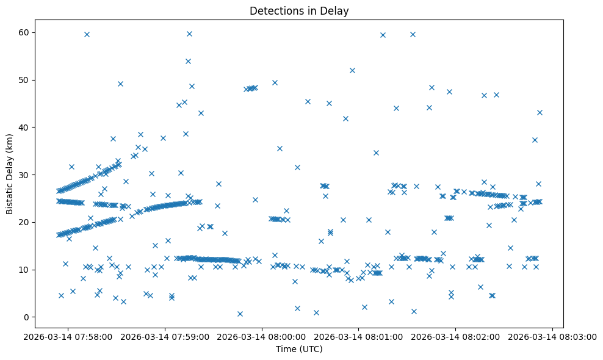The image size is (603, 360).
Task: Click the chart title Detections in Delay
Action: click(x=299, y=10)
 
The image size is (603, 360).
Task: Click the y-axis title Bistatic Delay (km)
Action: click(x=10, y=174)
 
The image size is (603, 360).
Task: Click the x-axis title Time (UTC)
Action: click(x=299, y=349)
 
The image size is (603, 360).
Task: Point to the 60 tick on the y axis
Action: click(x=24, y=32)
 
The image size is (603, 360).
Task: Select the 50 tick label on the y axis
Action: click(x=24, y=80)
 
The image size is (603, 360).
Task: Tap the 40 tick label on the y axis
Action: click(x=24, y=128)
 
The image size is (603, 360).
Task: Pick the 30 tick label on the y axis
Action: click(x=24, y=175)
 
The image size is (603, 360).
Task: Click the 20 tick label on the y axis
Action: click(x=24, y=222)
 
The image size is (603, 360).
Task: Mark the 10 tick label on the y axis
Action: click(x=24, y=270)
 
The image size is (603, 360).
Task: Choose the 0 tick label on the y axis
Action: click(x=26, y=317)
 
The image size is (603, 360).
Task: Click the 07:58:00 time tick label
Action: click(x=68, y=336)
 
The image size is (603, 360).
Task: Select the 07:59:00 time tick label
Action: click(x=165, y=336)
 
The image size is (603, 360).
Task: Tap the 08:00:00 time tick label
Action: click(x=262, y=336)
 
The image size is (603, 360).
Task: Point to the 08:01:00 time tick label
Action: click(x=359, y=336)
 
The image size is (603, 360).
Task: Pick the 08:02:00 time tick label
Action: click(x=456, y=336)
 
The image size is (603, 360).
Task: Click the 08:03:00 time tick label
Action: click(x=553, y=336)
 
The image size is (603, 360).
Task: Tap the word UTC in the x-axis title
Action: click(x=312, y=349)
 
